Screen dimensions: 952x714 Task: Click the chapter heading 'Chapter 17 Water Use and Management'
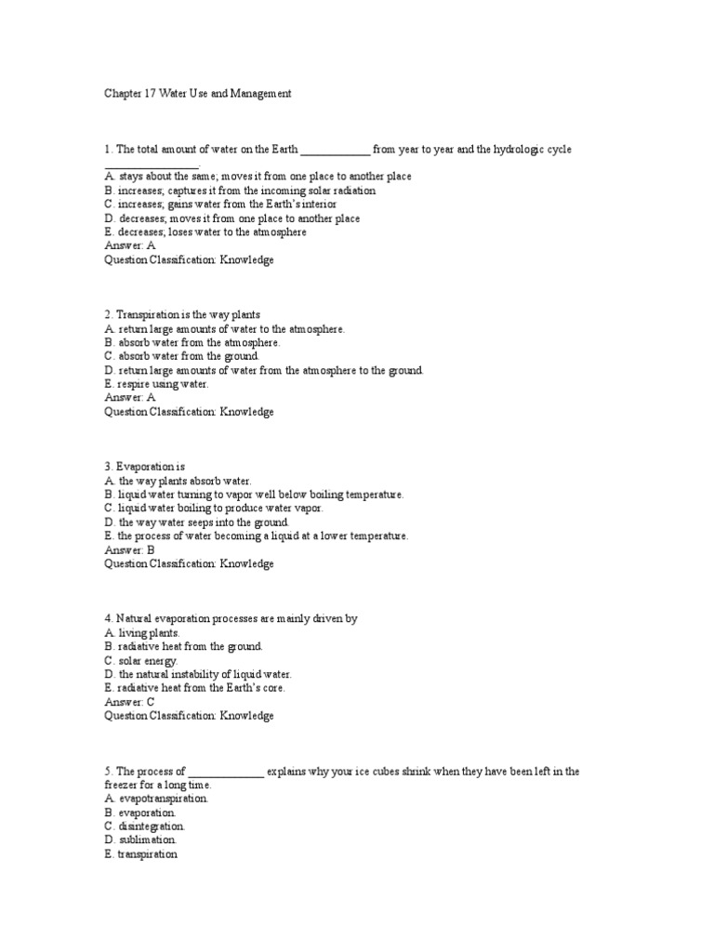tap(198, 94)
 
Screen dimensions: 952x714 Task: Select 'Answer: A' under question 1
tap(130, 246)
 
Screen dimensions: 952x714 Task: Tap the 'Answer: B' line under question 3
tap(129, 549)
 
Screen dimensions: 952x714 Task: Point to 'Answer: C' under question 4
tap(130, 702)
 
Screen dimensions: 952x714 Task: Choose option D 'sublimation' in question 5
tap(140, 840)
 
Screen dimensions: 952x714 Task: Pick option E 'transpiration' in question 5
tap(140, 853)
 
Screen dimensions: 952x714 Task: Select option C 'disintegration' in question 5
tap(145, 826)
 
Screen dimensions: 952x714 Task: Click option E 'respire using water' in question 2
tap(156, 383)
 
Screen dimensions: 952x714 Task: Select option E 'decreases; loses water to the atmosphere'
tap(205, 232)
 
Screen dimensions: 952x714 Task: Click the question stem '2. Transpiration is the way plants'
tap(182, 314)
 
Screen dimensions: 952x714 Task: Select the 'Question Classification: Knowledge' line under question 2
tap(189, 411)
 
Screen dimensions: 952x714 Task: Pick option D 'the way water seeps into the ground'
tap(196, 522)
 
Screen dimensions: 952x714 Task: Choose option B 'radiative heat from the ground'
tap(184, 646)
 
